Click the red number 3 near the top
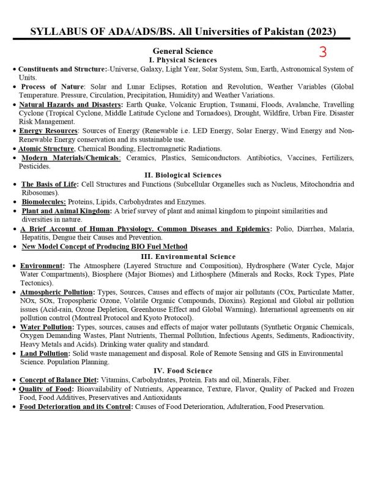[x=323, y=51]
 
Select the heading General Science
[x=183, y=51]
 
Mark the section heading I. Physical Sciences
[x=183, y=60]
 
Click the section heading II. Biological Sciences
[x=183, y=174]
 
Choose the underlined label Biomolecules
[x=43, y=201]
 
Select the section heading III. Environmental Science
[x=183, y=256]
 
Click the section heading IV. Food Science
[x=183, y=370]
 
